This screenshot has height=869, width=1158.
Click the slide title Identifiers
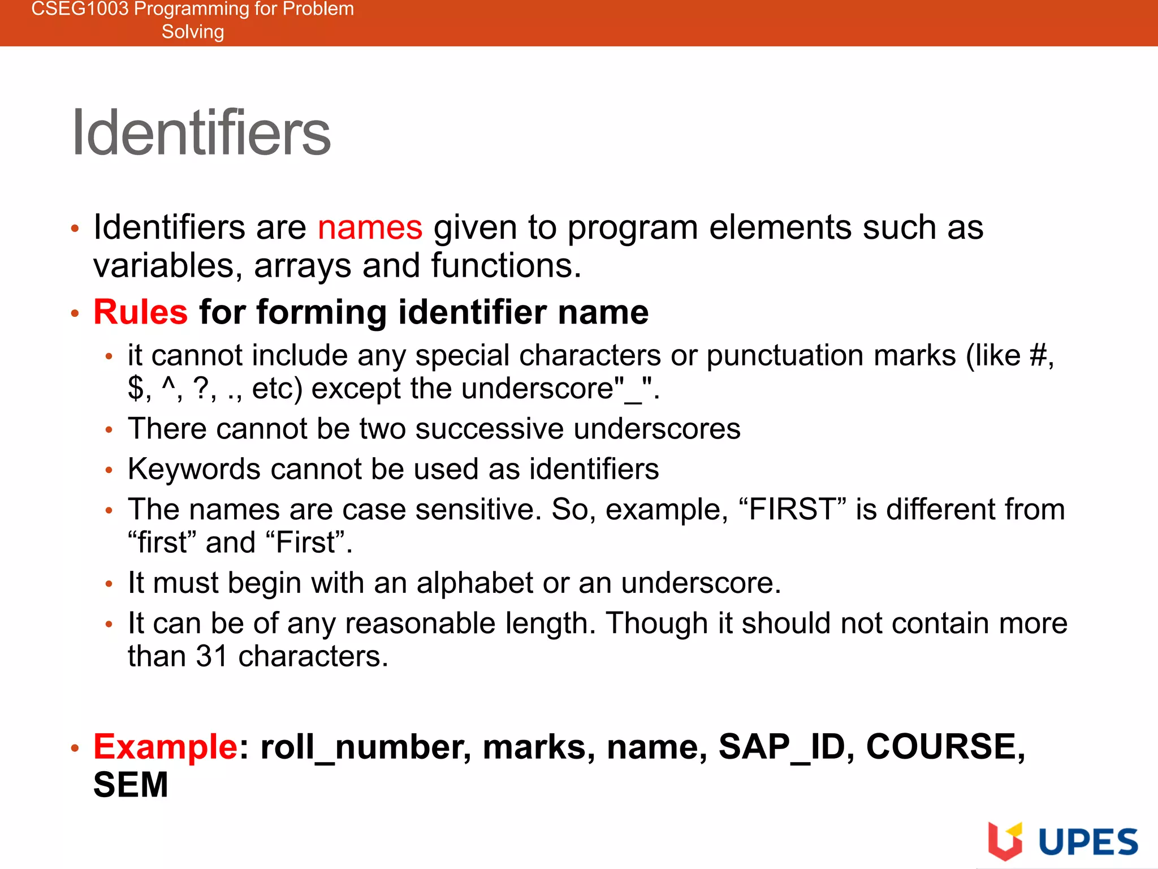click(201, 133)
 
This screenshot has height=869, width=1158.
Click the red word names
click(370, 227)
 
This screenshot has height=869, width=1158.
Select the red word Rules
click(140, 312)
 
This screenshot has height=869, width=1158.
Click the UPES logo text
click(1088, 842)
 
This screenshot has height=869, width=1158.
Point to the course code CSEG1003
click(80, 9)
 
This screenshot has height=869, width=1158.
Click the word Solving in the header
click(193, 32)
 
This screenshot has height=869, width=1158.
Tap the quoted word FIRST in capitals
click(789, 509)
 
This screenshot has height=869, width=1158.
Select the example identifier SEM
click(131, 785)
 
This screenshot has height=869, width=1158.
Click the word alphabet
click(474, 583)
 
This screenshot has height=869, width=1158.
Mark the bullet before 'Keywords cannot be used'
click(109, 470)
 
